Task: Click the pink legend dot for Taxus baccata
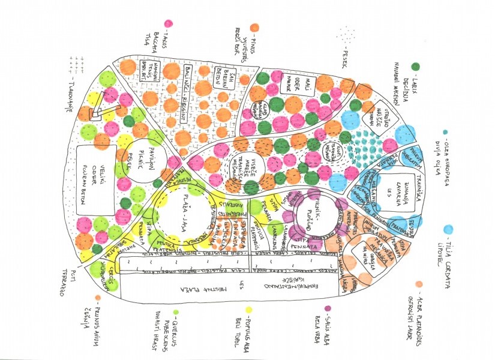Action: coord(168,23)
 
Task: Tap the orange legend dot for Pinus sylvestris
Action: coord(254,27)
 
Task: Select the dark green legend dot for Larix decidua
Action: coord(415,66)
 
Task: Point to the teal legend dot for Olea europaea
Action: coord(445,132)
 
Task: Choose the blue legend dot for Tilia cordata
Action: coord(448,230)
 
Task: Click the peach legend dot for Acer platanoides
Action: coord(419,283)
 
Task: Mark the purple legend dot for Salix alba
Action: coord(328,309)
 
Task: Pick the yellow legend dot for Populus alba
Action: coord(247,310)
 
